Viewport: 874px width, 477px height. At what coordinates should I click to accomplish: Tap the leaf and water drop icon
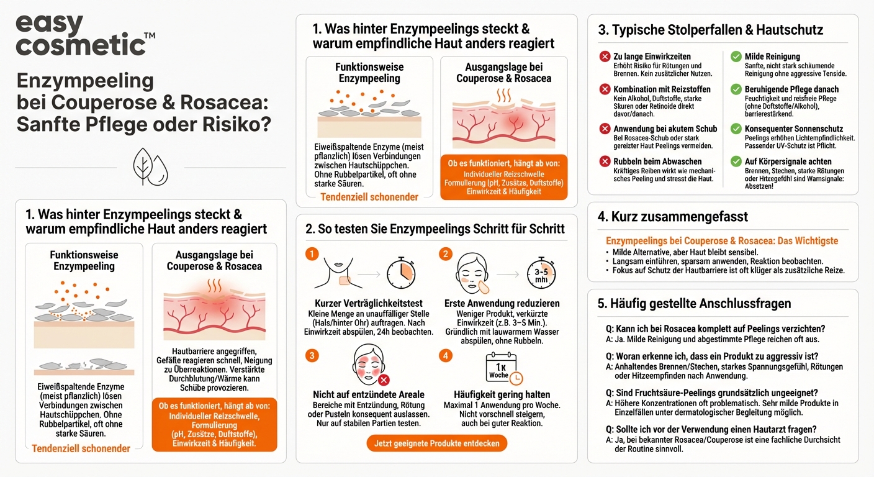point(150,167)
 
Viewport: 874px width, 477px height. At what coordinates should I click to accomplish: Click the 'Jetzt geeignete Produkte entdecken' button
point(436,443)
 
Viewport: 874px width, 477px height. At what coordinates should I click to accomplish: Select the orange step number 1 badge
point(313,254)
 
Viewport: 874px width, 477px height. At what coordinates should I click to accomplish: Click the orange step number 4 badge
point(446,355)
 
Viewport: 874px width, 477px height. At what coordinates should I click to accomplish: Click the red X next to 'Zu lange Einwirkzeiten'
point(605,57)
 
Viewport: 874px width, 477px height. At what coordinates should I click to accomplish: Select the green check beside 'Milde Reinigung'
point(736,57)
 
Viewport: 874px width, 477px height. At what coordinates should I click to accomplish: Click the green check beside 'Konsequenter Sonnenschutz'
point(736,129)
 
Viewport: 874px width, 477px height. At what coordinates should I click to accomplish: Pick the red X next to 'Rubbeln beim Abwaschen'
point(605,161)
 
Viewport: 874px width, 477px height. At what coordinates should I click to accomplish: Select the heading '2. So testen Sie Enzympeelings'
point(435,228)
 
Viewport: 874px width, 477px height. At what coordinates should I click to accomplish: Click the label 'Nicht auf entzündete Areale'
point(369,394)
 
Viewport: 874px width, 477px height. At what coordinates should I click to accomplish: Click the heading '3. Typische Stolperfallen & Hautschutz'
point(710,30)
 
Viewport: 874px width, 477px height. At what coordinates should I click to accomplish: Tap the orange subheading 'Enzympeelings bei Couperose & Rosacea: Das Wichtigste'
point(722,241)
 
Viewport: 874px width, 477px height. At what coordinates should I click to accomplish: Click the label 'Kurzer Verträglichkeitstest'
point(369,303)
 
